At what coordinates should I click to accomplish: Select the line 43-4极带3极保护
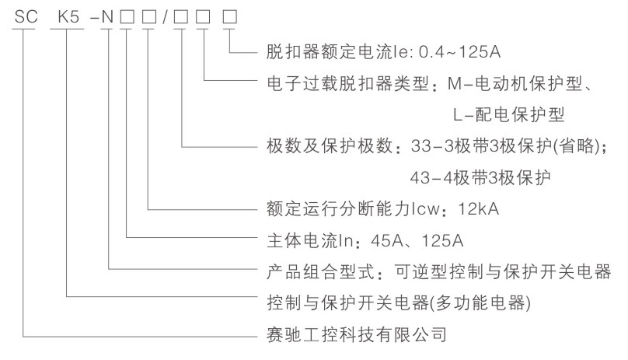pos(481,177)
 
